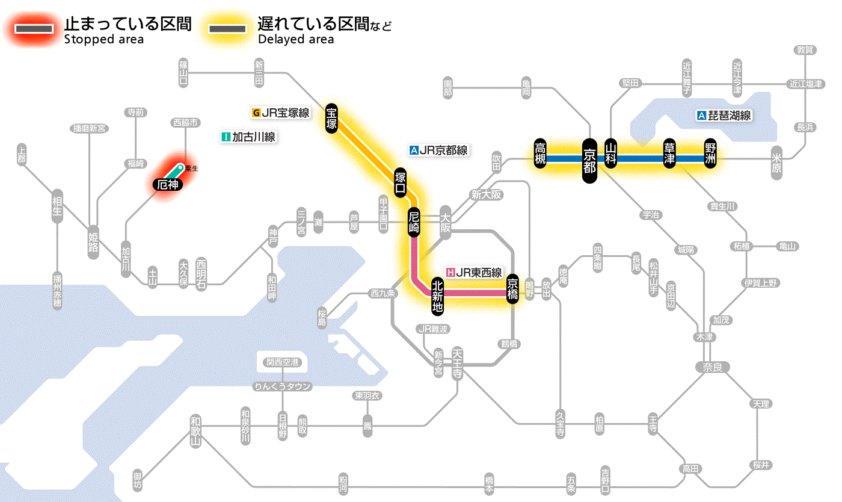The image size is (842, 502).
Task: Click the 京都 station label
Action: (x=589, y=160)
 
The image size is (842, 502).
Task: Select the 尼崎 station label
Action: (x=414, y=222)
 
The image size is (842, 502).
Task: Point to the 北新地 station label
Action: (x=438, y=294)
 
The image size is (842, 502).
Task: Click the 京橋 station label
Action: (x=512, y=288)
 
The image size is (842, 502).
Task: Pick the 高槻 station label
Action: (x=539, y=153)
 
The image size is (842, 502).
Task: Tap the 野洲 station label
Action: (x=711, y=155)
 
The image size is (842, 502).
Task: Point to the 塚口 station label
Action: (x=400, y=183)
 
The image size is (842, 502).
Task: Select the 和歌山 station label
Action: (x=195, y=430)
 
